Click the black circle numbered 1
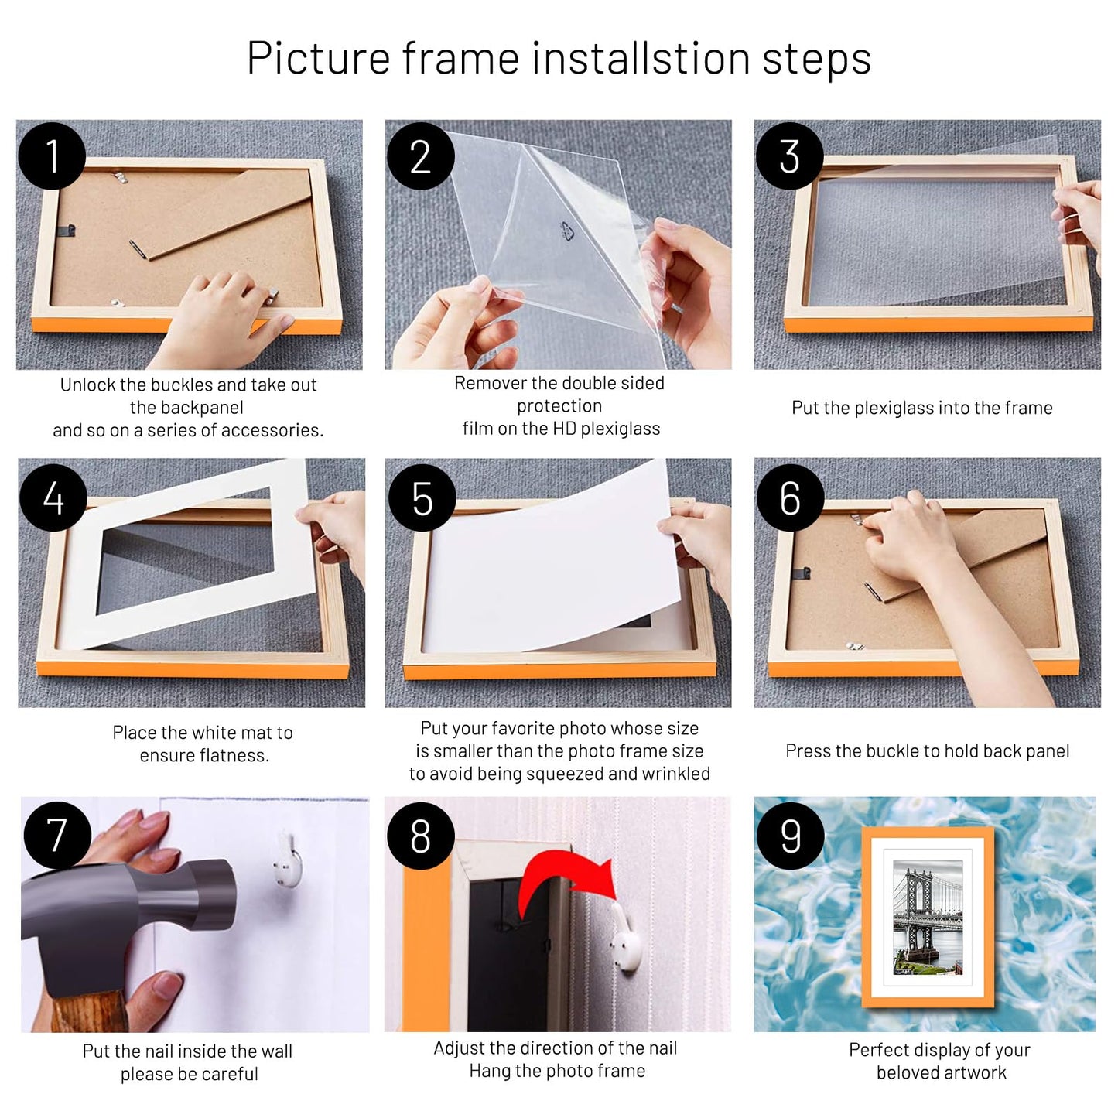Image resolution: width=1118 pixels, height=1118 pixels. [x=51, y=156]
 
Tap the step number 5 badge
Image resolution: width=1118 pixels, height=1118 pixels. [x=422, y=498]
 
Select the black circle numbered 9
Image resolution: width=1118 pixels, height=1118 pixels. [x=790, y=836]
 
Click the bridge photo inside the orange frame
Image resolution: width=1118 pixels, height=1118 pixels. [x=928, y=918]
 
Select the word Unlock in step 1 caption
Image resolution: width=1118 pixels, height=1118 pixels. [x=87, y=385]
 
